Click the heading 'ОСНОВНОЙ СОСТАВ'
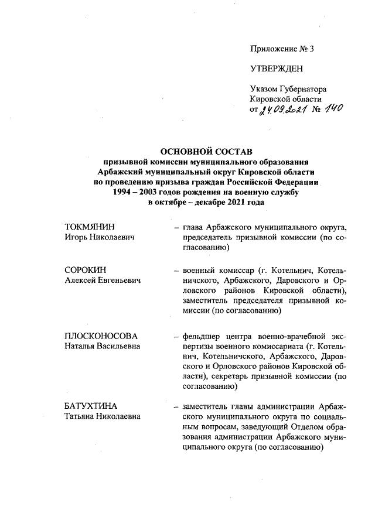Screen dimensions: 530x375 (x=206, y=152)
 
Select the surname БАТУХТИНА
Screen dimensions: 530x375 (x=91, y=406)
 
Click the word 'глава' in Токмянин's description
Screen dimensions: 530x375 (x=193, y=227)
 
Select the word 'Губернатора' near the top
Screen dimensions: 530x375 (x=302, y=89)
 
